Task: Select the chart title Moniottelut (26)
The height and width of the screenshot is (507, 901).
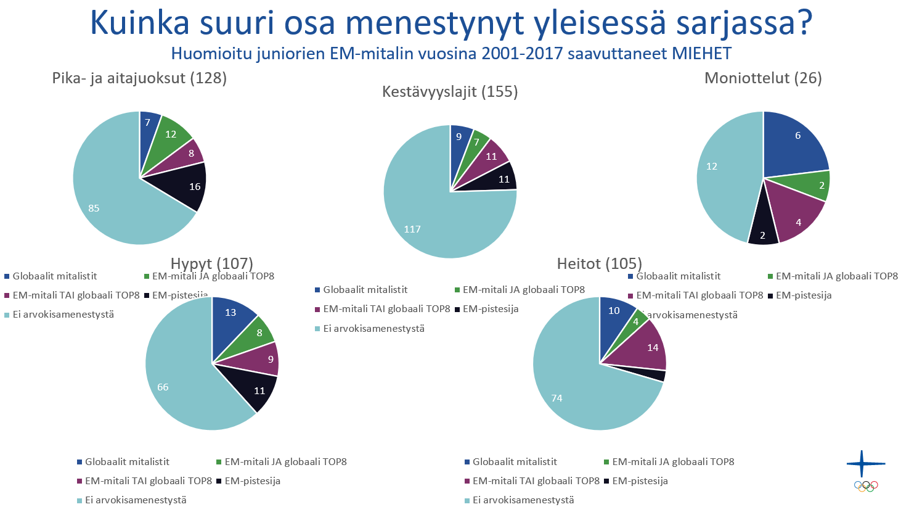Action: [763, 78]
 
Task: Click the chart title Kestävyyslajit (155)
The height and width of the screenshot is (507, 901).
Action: [450, 92]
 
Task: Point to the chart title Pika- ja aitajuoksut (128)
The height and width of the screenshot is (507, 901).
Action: [139, 78]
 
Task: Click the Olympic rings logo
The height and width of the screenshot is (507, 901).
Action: [866, 486]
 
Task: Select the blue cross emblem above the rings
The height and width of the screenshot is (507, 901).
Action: [865, 464]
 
